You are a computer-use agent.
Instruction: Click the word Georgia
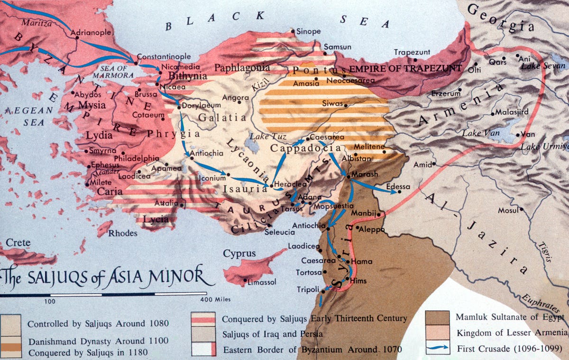tap(505, 19)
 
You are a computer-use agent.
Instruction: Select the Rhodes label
tap(123, 233)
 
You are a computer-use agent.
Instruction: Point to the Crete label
tap(18, 243)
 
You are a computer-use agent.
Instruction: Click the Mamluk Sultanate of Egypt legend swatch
tap(437, 317)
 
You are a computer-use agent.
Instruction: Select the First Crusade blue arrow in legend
tap(437, 349)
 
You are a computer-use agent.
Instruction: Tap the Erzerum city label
tap(446, 93)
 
